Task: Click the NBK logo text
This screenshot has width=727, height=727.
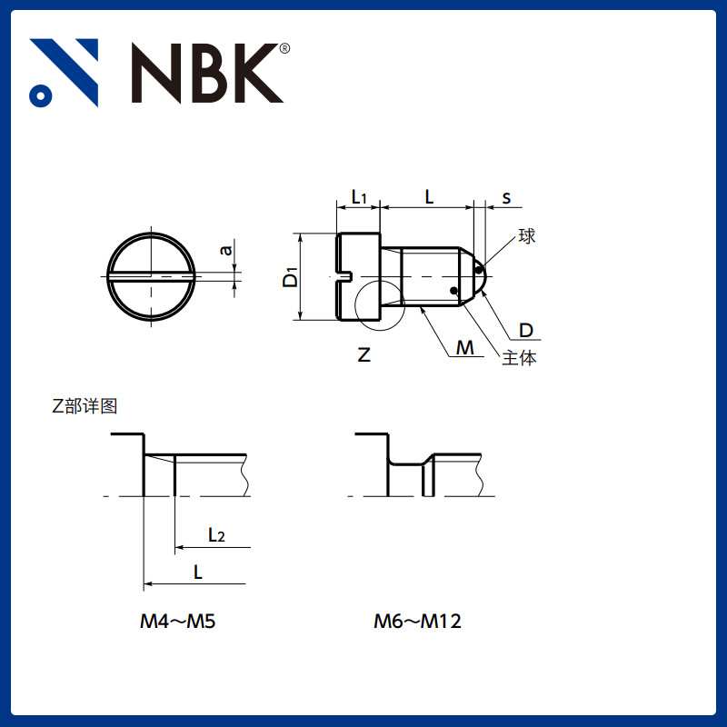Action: tap(207, 73)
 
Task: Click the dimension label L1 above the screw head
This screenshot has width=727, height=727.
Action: tap(358, 197)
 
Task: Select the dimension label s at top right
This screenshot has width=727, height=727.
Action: tap(506, 197)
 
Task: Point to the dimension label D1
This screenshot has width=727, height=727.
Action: tap(290, 276)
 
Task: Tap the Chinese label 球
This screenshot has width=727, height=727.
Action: tap(526, 237)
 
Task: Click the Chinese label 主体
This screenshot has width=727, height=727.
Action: tap(519, 358)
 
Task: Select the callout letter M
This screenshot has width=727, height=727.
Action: tap(465, 348)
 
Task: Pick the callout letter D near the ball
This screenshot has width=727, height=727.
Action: tap(525, 330)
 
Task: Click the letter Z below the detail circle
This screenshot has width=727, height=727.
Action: tap(363, 355)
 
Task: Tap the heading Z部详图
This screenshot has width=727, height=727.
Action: tap(85, 406)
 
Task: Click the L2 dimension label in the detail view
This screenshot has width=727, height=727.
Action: tap(216, 535)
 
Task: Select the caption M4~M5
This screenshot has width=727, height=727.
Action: tap(177, 622)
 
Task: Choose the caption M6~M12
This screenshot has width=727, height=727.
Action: tap(418, 622)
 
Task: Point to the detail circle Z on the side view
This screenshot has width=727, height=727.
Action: tap(380, 303)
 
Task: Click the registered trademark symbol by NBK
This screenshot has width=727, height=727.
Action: tap(284, 48)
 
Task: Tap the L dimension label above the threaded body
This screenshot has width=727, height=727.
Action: tap(429, 196)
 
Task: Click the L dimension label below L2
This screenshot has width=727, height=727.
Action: tap(198, 572)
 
